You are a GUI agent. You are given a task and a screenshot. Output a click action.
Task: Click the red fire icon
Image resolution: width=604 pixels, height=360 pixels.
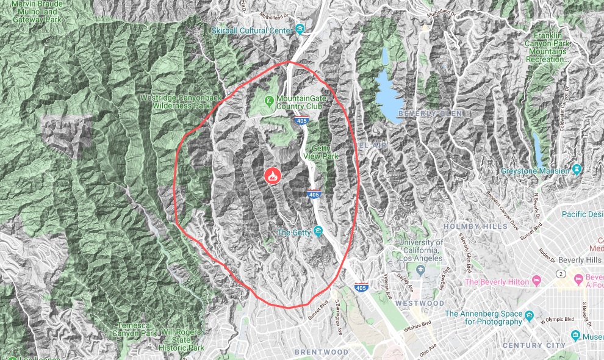click(x=273, y=176)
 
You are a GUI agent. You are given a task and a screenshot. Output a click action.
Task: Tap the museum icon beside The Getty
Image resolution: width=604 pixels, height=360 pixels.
click(x=317, y=231)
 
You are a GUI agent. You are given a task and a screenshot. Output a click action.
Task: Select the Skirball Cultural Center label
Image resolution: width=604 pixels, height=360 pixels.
click(x=253, y=31)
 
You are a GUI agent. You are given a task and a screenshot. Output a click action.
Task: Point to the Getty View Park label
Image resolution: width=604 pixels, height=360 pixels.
click(x=325, y=152)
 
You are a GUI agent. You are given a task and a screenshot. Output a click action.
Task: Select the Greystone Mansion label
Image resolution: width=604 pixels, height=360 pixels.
click(x=535, y=171)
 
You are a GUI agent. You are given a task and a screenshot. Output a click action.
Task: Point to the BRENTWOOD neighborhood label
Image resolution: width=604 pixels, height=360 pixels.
click(x=321, y=352)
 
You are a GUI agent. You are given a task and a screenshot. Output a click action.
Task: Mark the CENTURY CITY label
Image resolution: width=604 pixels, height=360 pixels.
click(x=530, y=345)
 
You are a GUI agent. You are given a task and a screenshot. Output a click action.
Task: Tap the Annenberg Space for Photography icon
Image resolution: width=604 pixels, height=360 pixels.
click(x=529, y=315)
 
